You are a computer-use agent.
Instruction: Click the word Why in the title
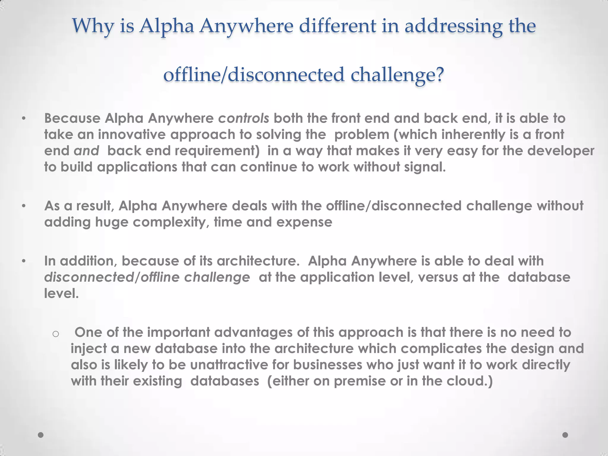click(x=93, y=26)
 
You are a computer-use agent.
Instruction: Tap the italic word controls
click(x=244, y=118)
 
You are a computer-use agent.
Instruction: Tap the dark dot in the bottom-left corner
click(x=41, y=435)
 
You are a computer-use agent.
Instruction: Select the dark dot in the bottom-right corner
click(x=565, y=435)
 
